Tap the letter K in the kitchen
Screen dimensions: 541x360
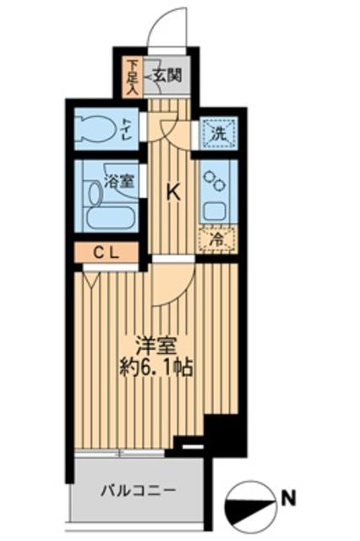click(x=172, y=193)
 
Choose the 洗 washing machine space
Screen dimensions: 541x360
click(x=218, y=133)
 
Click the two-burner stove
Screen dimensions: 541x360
click(x=215, y=183)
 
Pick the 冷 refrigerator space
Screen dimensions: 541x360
click(x=216, y=240)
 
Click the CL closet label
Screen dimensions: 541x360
click(x=105, y=251)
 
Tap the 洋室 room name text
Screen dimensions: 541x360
click(x=157, y=346)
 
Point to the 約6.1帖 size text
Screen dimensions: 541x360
click(x=157, y=369)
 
